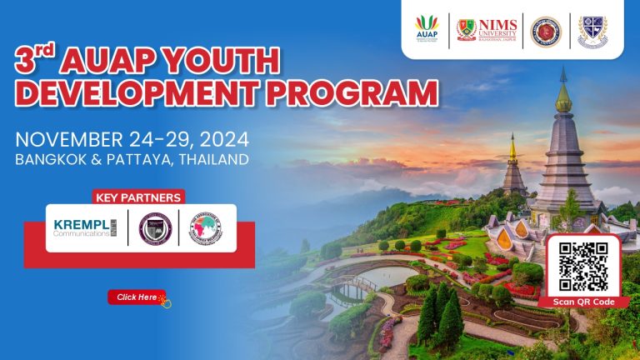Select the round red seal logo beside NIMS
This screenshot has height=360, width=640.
[546, 31]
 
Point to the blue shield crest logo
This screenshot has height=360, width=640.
[592, 30]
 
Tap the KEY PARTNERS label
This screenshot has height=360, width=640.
[138, 197]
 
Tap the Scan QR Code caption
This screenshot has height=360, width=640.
[583, 302]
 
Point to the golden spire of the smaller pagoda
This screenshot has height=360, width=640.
[512, 150]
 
